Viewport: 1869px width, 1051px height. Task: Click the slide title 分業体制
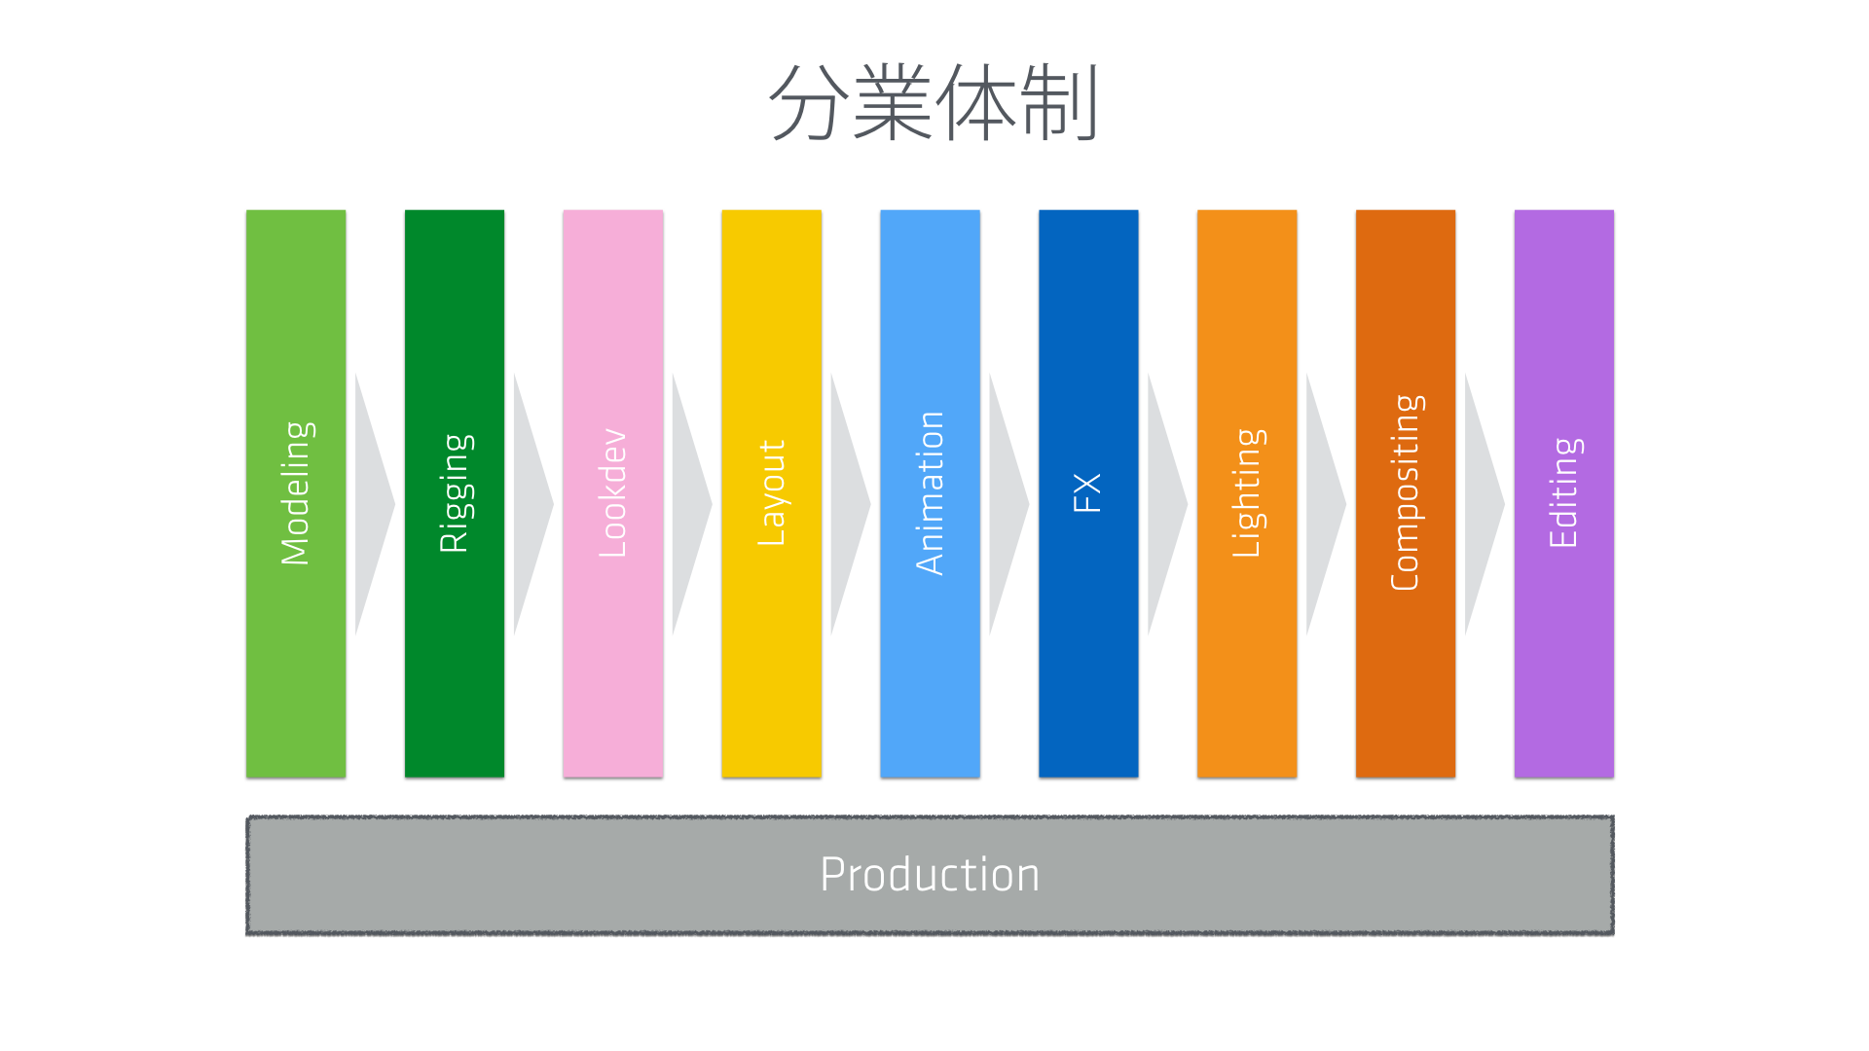(934, 103)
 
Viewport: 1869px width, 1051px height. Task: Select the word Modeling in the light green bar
(295, 493)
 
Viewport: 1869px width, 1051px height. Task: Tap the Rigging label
(455, 493)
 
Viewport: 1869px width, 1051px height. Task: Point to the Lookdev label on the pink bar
(612, 493)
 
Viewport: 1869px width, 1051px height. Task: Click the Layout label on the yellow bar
(771, 493)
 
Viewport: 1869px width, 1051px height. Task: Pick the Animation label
(930, 493)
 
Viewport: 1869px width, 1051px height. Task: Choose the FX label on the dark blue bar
(1087, 493)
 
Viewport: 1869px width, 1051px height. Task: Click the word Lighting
(1247, 493)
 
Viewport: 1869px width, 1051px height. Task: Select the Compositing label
(1406, 493)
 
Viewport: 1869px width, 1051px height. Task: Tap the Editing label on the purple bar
(1564, 493)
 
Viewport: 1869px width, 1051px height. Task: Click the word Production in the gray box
(930, 874)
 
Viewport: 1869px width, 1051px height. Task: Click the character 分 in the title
(807, 103)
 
